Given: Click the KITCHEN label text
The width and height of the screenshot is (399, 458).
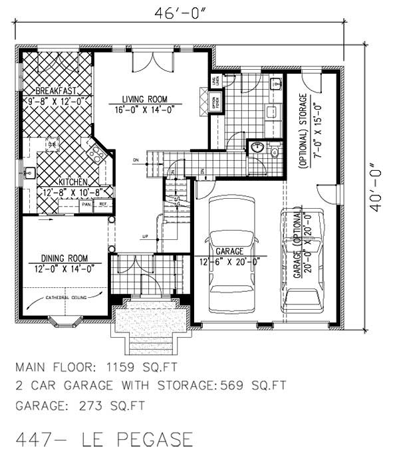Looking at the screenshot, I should tap(74, 181).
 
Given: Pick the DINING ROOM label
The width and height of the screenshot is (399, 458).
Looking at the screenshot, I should tap(65, 258).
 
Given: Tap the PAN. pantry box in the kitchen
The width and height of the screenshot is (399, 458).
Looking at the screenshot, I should tap(86, 204).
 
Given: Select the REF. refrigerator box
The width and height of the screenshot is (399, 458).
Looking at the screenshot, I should tap(103, 204).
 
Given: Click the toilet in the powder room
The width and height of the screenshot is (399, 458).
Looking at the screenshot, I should tap(274, 152).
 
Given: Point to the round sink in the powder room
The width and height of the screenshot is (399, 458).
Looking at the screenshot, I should tap(257, 148).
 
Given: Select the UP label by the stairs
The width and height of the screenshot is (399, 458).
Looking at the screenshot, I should tap(145, 236).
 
